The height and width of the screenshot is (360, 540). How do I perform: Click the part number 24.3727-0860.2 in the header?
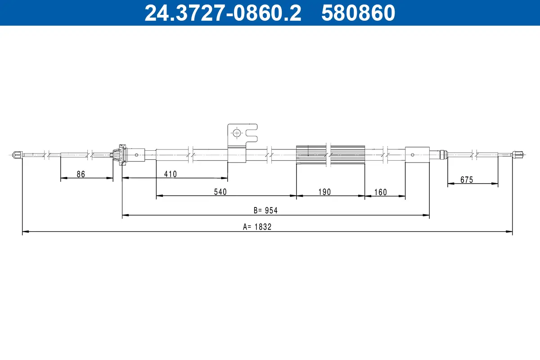(x=222, y=13)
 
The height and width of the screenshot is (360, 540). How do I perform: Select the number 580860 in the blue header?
(x=358, y=13)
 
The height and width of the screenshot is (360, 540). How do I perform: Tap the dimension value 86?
(x=81, y=174)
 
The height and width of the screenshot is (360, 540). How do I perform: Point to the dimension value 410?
(x=171, y=174)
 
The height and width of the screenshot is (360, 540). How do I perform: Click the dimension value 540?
(x=220, y=192)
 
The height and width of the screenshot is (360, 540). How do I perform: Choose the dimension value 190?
(x=324, y=192)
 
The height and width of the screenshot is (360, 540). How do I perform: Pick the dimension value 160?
(x=380, y=192)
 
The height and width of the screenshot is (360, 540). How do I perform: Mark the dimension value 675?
(x=467, y=180)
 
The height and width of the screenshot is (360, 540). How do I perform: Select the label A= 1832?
(x=257, y=227)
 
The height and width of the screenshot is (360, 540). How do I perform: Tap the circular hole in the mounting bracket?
(x=236, y=133)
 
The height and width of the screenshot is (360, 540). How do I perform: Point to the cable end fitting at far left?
(x=18, y=155)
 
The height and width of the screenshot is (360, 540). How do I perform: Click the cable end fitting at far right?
(x=517, y=154)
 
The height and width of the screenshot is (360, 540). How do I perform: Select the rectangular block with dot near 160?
(x=417, y=154)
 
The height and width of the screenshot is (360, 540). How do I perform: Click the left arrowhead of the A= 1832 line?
(x=25, y=232)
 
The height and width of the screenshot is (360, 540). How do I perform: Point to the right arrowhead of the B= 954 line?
(x=426, y=216)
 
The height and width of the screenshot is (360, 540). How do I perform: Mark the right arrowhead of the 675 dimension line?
(x=495, y=184)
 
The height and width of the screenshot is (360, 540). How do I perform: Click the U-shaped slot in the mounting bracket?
(x=252, y=133)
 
